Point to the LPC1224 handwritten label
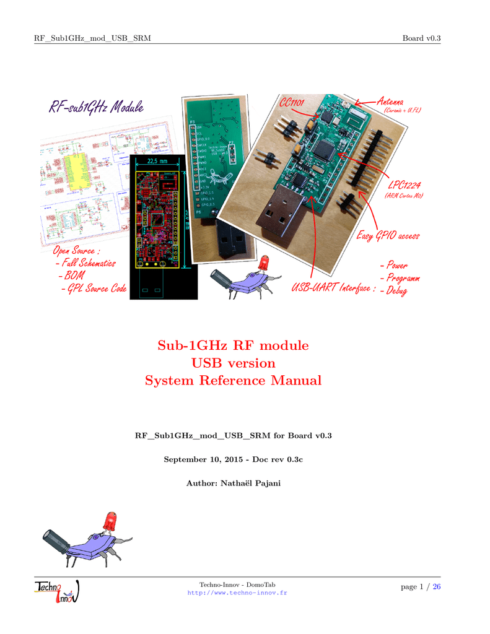[x=405, y=185]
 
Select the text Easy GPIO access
[x=388, y=235]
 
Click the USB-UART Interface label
[x=333, y=288]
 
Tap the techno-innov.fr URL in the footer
[x=237, y=593]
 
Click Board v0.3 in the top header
[x=421, y=38]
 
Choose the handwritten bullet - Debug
[x=393, y=290]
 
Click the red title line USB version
[x=233, y=363]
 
